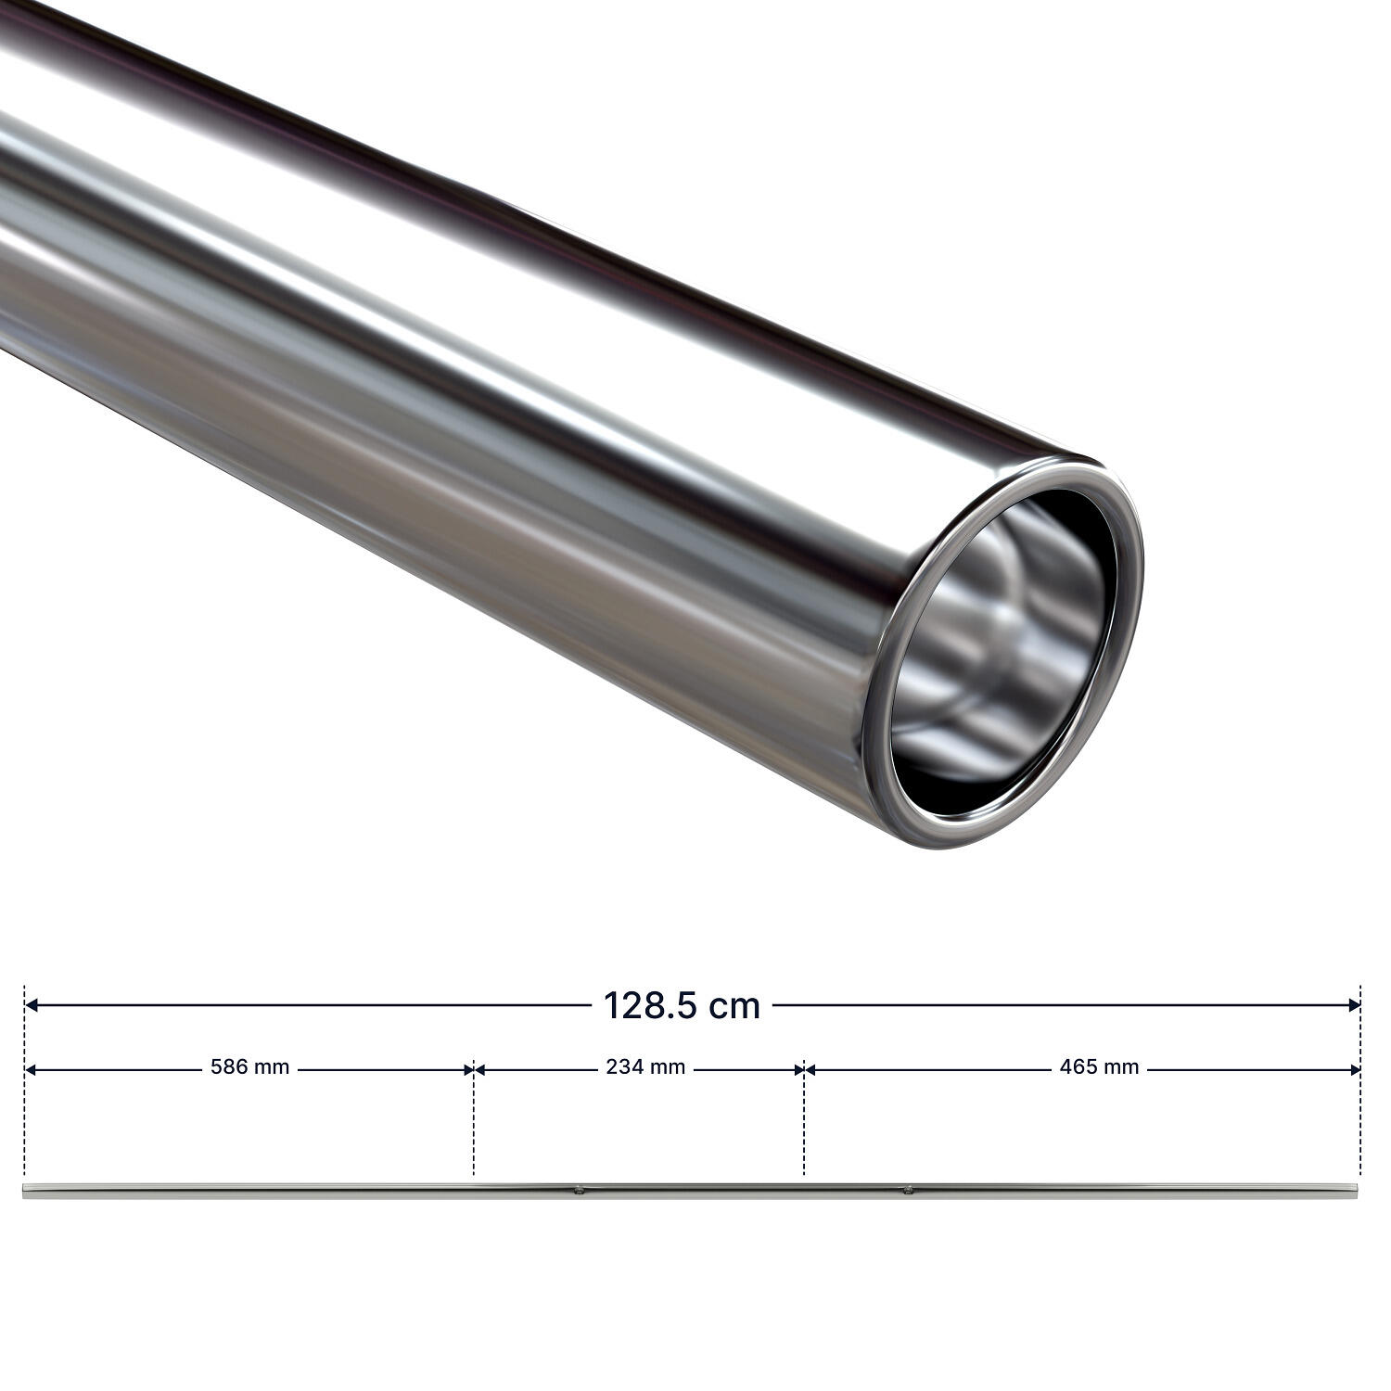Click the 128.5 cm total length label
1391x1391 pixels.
[682, 1005]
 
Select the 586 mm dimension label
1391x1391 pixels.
[250, 1067]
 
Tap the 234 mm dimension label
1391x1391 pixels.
[645, 1067]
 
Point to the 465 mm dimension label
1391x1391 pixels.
[1099, 1067]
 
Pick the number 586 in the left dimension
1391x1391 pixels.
[229, 1067]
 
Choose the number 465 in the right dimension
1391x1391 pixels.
[1078, 1067]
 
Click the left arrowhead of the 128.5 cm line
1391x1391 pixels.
[31, 1004]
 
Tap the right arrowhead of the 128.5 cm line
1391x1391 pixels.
[1354, 1004]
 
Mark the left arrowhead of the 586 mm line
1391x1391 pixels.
[30, 1069]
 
